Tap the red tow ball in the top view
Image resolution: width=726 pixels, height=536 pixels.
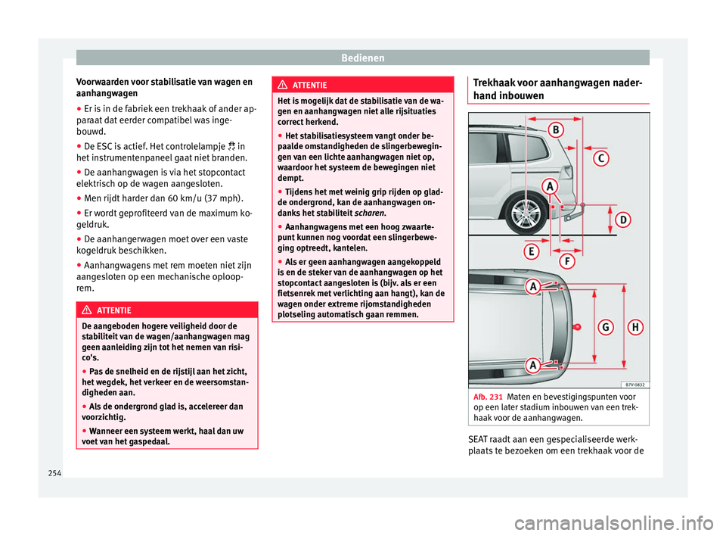click(x=577, y=326)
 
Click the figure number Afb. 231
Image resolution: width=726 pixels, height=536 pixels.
click(x=488, y=397)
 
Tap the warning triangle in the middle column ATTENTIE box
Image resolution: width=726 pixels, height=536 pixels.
click(x=284, y=86)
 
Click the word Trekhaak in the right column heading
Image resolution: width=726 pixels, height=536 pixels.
click(x=495, y=81)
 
